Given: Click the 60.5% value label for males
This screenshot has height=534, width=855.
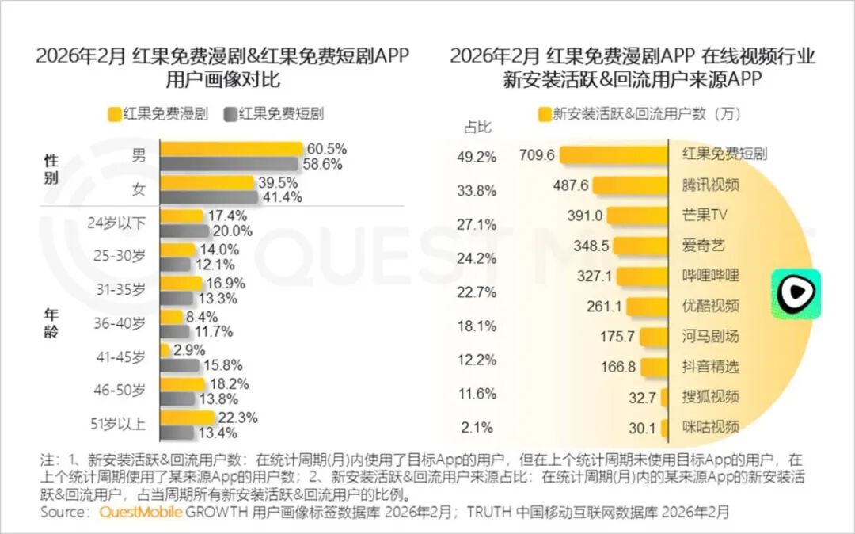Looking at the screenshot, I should tap(327, 149).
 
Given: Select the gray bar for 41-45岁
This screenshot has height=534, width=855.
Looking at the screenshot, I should tap(180, 365).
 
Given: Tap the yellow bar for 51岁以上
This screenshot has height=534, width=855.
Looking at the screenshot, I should tap(187, 418).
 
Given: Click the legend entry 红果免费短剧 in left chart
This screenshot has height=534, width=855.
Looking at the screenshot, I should tap(274, 113).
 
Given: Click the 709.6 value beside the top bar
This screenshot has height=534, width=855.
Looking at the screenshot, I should tap(538, 154).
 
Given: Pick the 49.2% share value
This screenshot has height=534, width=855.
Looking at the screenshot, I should tap(477, 157).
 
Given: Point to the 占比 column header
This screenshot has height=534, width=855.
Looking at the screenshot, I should tap(477, 128).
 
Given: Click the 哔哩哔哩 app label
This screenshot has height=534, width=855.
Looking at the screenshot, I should tap(710, 276).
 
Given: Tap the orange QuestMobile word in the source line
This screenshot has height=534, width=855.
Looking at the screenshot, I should tap(141, 513).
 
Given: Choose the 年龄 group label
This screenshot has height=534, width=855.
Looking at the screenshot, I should tap(51, 322).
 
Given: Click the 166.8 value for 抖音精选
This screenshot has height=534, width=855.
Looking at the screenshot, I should tap(617, 367).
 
